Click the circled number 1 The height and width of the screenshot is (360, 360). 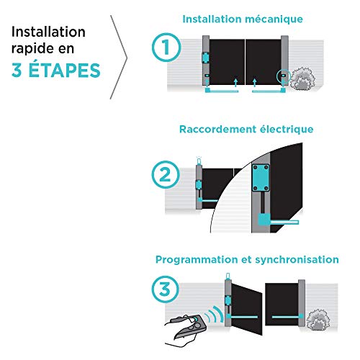tap(166, 48)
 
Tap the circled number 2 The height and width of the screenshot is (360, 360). tap(166, 175)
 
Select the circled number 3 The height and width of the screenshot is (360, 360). tap(165, 289)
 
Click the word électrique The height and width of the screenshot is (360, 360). tap(287, 130)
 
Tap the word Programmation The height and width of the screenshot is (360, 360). tap(197, 260)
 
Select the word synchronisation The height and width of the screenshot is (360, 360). tap(297, 260)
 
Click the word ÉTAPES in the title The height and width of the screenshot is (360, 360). tap(64, 70)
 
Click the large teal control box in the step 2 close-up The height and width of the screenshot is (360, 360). tap(261, 178)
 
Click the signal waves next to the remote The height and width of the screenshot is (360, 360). tap(214, 315)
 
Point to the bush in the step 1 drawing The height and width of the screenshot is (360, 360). tap(302, 78)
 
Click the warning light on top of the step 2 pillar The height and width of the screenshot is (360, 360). tap(199, 161)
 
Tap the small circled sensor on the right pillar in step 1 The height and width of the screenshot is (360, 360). tap(284, 76)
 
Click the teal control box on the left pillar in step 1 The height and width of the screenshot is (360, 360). tap(205, 58)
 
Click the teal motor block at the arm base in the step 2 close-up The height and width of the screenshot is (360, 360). tap(264, 220)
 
